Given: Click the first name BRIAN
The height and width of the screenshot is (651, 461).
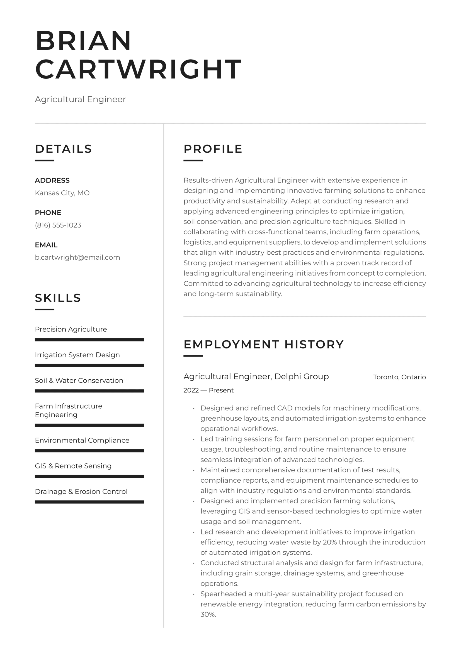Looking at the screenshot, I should pyautogui.click(x=83, y=41).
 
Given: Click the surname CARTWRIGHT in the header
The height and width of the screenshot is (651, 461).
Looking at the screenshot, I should pyautogui.click(x=138, y=69).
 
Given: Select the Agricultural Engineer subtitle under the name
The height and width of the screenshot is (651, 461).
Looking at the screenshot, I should pyautogui.click(x=80, y=99).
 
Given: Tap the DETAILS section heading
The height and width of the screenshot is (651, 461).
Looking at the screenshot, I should pyautogui.click(x=63, y=149).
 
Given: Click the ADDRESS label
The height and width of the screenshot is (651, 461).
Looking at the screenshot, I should pyautogui.click(x=52, y=180).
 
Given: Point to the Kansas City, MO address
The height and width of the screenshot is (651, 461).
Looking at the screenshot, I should pyautogui.click(x=62, y=193).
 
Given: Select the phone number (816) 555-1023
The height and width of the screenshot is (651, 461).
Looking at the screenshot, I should pyautogui.click(x=58, y=225).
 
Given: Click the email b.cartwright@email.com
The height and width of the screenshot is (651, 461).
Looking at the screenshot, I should pyautogui.click(x=77, y=257).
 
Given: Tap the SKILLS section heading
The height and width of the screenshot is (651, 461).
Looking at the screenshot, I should pyautogui.click(x=58, y=298).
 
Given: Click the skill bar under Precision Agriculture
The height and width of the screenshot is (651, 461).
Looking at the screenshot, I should pyautogui.click(x=89, y=340).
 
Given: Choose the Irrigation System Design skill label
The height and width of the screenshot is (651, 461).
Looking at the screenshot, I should pyautogui.click(x=77, y=355).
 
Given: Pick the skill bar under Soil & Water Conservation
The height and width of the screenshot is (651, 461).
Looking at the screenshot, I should pyautogui.click(x=89, y=391).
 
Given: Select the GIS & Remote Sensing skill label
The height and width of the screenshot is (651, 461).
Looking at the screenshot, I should pyautogui.click(x=73, y=466).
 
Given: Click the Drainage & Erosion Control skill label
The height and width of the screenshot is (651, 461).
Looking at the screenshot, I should pyautogui.click(x=81, y=491).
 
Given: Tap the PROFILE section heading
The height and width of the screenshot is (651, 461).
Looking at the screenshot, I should pyautogui.click(x=213, y=149).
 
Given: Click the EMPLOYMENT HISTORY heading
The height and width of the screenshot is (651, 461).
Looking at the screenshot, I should pyautogui.click(x=264, y=344).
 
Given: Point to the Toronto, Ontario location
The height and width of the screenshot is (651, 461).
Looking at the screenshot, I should pyautogui.click(x=399, y=377).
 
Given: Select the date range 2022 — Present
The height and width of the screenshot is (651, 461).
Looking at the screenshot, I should pyautogui.click(x=208, y=390).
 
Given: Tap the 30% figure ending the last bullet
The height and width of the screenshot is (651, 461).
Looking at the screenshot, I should pyautogui.click(x=208, y=615).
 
